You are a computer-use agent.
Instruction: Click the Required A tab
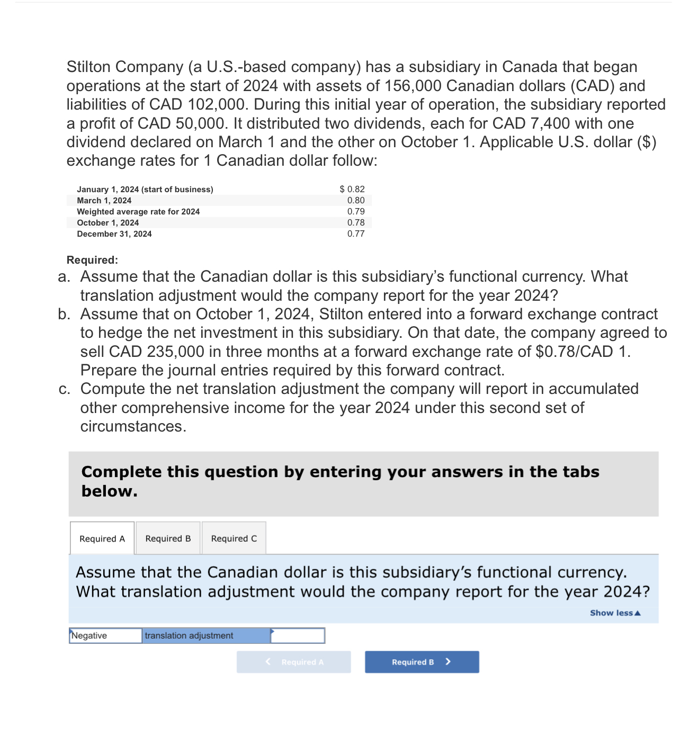pyautogui.click(x=102, y=538)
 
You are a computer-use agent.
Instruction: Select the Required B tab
pyautogui.click(x=168, y=538)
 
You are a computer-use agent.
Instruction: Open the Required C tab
pyautogui.click(x=234, y=538)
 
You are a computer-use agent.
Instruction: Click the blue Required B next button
pyautogui.click(x=422, y=662)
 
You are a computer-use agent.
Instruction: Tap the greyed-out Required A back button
pyautogui.click(x=294, y=662)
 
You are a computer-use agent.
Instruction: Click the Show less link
pyautogui.click(x=615, y=613)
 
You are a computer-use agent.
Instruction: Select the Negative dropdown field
pyautogui.click(x=105, y=635)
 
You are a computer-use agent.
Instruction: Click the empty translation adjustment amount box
pyautogui.click(x=298, y=635)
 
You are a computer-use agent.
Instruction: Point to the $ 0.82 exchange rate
pyautogui.click(x=352, y=189)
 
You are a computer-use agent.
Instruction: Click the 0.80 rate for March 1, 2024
pyautogui.click(x=356, y=200)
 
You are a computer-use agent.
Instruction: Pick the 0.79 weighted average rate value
pyautogui.click(x=356, y=211)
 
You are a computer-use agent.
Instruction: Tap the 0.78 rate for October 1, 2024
pyautogui.click(x=356, y=222)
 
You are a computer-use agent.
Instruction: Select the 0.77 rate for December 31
pyautogui.click(x=356, y=234)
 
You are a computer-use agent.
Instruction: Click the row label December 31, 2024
pyautogui.click(x=114, y=234)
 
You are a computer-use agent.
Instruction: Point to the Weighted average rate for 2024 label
pyautogui.click(x=138, y=212)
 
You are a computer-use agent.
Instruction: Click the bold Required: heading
pyautogui.click(x=92, y=260)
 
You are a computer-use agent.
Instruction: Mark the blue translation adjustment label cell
pyautogui.click(x=206, y=635)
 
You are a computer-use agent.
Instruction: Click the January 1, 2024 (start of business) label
pyautogui.click(x=145, y=190)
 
